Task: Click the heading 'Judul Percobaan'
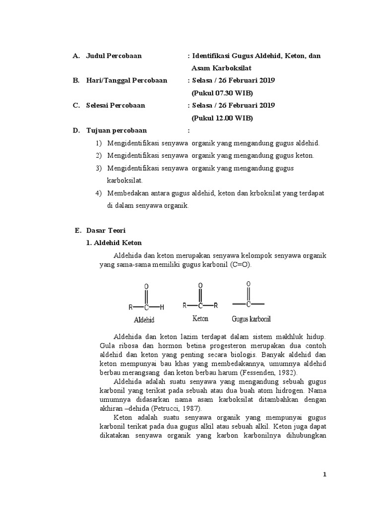[114, 56]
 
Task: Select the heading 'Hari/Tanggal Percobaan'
[127, 80]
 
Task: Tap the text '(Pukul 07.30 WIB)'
[222, 93]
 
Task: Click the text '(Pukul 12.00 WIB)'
[222, 118]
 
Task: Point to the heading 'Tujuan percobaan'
[117, 130]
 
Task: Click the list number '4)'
[98, 193]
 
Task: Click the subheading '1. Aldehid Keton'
[114, 243]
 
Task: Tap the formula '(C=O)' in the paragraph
[241, 265]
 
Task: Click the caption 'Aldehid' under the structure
[144, 320]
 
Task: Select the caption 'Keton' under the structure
[200, 318]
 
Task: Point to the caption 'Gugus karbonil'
[251, 318]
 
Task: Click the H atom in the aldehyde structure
[162, 308]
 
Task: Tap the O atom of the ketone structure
[200, 286]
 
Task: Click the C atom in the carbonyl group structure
[248, 303]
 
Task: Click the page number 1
[324, 475]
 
